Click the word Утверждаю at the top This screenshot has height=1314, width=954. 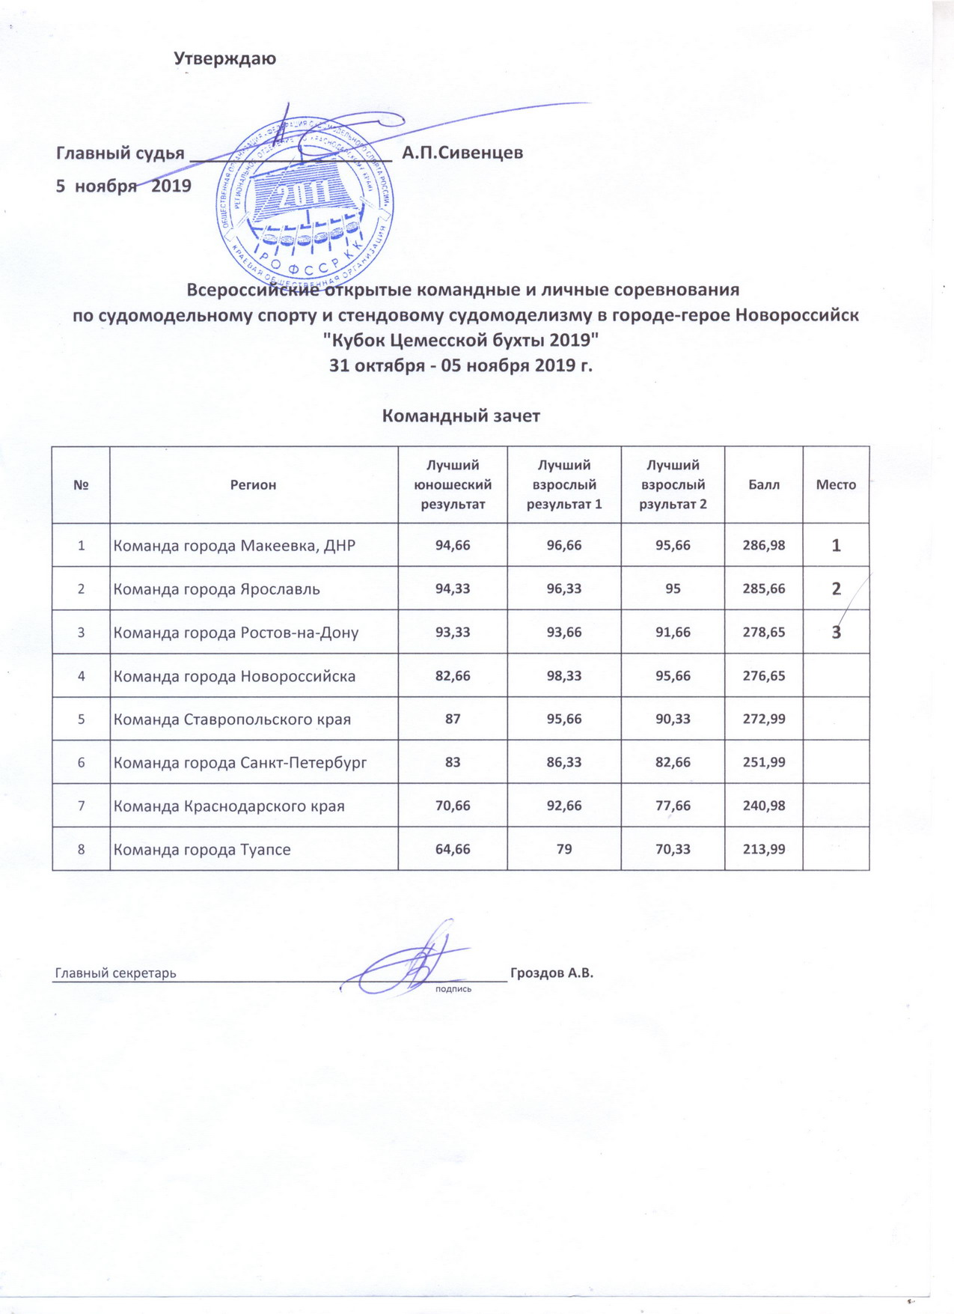225,58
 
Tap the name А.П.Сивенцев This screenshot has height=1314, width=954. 462,153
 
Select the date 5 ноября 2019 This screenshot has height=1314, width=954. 124,185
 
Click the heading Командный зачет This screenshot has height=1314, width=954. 461,416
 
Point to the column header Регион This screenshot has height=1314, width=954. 253,484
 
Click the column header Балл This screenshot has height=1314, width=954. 764,484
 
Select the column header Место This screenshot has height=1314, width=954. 836,484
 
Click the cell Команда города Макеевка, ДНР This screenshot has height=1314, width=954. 234,545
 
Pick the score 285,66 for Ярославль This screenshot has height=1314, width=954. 764,588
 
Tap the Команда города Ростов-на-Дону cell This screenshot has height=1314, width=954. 236,632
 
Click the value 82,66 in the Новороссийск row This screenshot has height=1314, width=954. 453,675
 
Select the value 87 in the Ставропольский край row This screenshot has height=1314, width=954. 453,719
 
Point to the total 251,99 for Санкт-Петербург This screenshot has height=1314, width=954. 764,762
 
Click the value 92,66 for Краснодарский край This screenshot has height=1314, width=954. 564,806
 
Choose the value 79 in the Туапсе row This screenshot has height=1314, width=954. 564,849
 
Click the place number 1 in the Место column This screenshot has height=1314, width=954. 836,546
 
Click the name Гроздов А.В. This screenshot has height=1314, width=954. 551,973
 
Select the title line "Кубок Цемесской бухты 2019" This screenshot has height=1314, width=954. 461,340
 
